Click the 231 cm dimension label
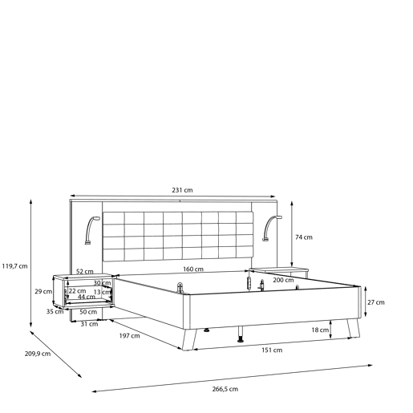tap(182, 190)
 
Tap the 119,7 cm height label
tap(14, 266)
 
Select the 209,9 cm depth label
tap(38, 354)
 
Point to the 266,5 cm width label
tap(225, 389)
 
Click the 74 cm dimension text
tap(304, 237)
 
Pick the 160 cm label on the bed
tap(193, 269)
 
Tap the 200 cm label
tap(283, 280)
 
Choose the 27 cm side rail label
tap(376, 302)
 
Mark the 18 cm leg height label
tap(320, 330)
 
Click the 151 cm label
tap(272, 350)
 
